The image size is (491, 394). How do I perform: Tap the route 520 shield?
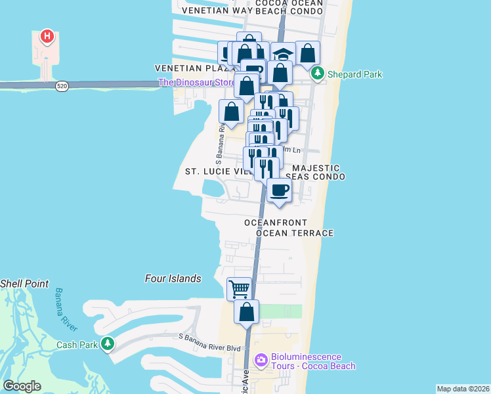pyautogui.click(x=62, y=86)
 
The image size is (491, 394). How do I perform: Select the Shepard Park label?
pyautogui.click(x=354, y=74)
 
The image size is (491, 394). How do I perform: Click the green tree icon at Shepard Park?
pyautogui.click(x=318, y=74)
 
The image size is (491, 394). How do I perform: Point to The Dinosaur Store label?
pyautogui.click(x=196, y=83)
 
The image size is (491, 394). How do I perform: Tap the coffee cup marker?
pyautogui.click(x=279, y=191)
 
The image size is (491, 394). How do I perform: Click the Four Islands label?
pyautogui.click(x=173, y=278)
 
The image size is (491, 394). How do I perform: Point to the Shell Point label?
pyautogui.click(x=24, y=284)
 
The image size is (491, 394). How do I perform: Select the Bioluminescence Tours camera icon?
pyautogui.click(x=261, y=359)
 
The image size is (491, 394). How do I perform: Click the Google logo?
pyautogui.click(x=22, y=386)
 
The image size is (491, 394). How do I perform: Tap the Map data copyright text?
pyautogui.click(x=463, y=389)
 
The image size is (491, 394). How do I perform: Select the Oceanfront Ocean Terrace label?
pyautogui.click(x=289, y=228)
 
